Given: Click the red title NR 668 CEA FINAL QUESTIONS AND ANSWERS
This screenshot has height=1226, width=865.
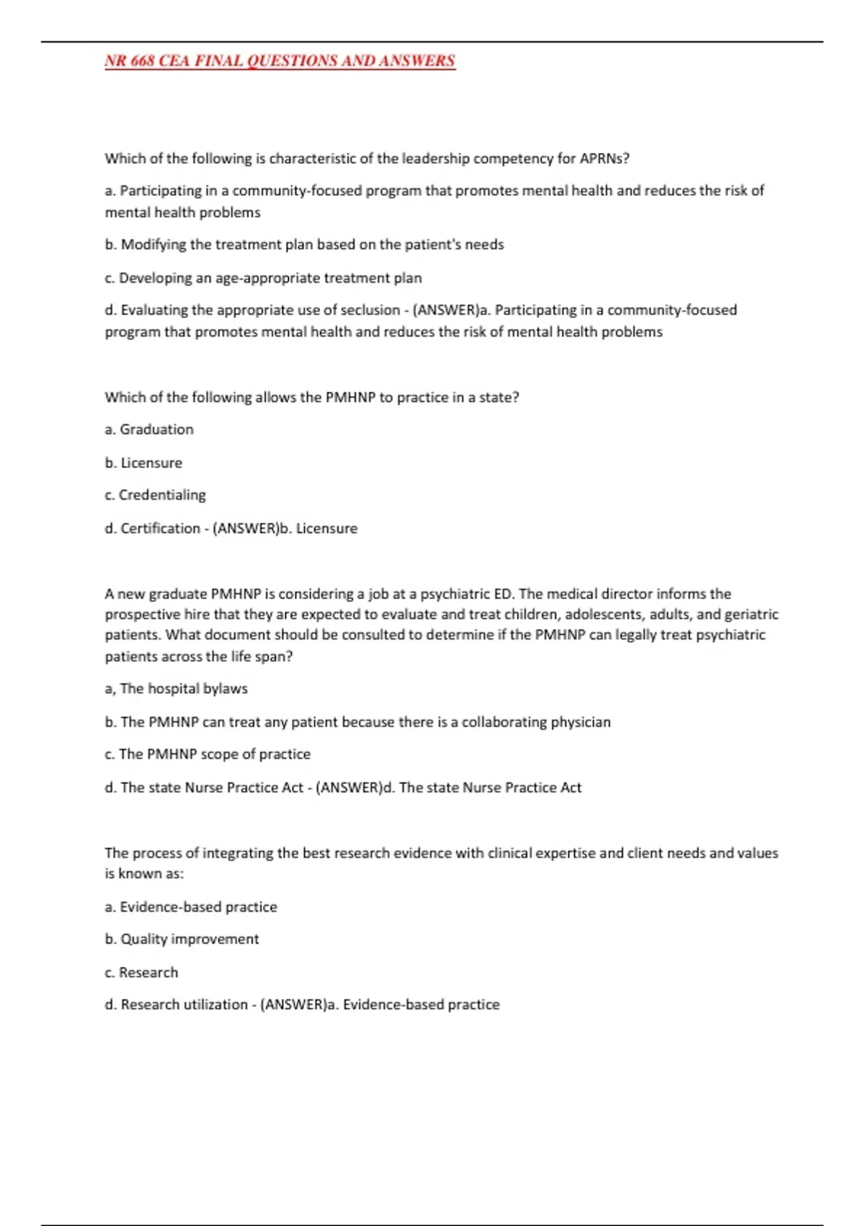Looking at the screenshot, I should click(x=280, y=61).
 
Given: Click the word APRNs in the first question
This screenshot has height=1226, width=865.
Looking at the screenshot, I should click(x=604, y=159).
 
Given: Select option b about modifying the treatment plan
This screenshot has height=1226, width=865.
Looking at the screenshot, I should click(x=304, y=244).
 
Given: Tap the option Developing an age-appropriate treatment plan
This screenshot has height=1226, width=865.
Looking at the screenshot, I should click(x=263, y=278).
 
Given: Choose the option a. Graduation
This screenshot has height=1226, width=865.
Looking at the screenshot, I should click(x=149, y=429).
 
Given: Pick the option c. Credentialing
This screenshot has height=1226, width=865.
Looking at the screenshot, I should click(x=155, y=495).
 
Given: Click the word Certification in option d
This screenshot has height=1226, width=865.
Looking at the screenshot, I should click(x=160, y=528).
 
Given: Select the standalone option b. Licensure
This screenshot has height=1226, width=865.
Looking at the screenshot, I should click(x=143, y=462).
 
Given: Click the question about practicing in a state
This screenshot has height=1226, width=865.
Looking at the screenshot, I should click(x=311, y=397).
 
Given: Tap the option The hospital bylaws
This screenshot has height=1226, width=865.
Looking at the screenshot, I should click(x=176, y=689).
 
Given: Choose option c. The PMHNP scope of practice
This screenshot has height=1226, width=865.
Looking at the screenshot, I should click(x=208, y=754).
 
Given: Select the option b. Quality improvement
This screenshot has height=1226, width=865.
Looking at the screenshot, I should click(x=182, y=939).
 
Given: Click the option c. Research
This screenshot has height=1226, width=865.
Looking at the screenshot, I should click(x=141, y=972).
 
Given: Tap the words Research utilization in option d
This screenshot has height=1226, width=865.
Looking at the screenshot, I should click(x=184, y=1005).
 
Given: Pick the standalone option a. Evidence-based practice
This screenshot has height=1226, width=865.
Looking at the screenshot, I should click(x=191, y=907).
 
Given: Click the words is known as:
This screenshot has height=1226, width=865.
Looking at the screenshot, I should click(x=144, y=873).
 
